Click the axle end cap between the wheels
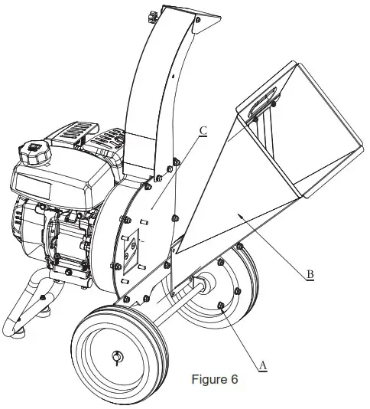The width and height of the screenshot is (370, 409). [206, 284]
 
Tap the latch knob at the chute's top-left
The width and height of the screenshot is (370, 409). [151, 13]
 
